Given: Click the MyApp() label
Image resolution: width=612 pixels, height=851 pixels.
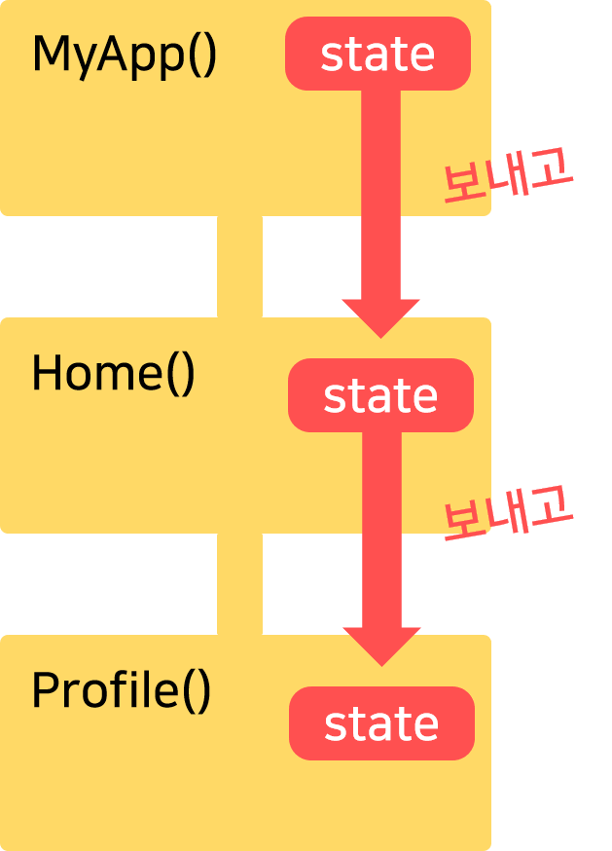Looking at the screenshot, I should [x=124, y=56].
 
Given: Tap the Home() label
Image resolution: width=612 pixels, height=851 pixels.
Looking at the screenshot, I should [x=113, y=375].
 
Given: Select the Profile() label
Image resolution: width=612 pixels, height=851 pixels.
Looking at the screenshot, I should [x=121, y=691].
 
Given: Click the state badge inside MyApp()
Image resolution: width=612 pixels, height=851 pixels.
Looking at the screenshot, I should [x=378, y=55].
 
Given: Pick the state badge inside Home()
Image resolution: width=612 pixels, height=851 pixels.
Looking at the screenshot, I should [x=380, y=395].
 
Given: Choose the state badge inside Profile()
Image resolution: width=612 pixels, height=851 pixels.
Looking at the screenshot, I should [x=381, y=724].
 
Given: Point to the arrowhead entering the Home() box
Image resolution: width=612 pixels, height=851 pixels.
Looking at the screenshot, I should [x=381, y=317].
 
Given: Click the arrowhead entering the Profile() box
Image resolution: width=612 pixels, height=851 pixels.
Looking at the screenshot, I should [x=382, y=646].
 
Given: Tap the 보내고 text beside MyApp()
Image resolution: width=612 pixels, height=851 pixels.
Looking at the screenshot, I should [x=507, y=179].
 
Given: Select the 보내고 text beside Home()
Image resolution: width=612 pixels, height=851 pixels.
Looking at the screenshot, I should [x=507, y=514].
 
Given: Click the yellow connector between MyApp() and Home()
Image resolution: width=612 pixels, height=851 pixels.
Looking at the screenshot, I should [x=239, y=267].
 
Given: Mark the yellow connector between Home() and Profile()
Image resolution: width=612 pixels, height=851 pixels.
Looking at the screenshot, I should [x=239, y=584].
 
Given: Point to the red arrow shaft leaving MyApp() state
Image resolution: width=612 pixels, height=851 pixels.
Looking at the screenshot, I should [x=380, y=195].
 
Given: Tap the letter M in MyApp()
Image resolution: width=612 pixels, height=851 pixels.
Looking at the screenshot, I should [x=49, y=55].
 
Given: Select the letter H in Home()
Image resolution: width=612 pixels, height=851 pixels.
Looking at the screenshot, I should [x=47, y=374].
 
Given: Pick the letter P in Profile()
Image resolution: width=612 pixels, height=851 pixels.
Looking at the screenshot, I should [x=44, y=690].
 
